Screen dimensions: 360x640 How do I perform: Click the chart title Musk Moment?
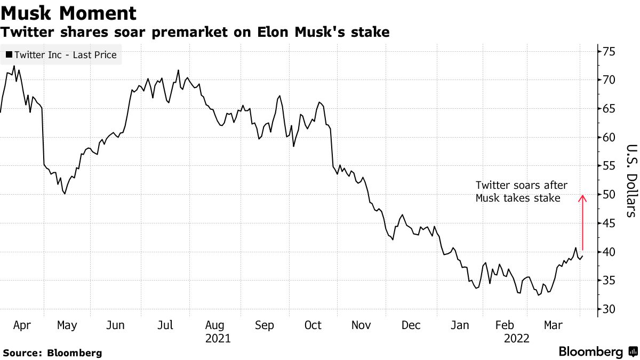pyautogui.click(x=68, y=13)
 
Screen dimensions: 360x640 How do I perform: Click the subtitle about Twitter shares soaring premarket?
pyautogui.click(x=195, y=33)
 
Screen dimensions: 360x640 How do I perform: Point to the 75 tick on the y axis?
pyautogui.click(x=609, y=52)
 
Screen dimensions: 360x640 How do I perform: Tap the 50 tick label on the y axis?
pyautogui.click(x=609, y=195)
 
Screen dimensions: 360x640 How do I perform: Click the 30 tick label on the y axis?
pyautogui.click(x=609, y=309)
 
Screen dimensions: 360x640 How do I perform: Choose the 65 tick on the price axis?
pyautogui.click(x=609, y=109)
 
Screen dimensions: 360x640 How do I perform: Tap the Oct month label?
pyautogui.click(x=313, y=325)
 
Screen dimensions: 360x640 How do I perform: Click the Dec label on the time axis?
pyautogui.click(x=411, y=325)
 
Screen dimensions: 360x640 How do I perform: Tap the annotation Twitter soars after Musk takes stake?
pyautogui.click(x=522, y=192)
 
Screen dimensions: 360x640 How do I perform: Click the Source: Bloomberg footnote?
pyautogui.click(x=52, y=353)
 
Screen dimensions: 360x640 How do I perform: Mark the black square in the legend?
pyautogui.click(x=9, y=54)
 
